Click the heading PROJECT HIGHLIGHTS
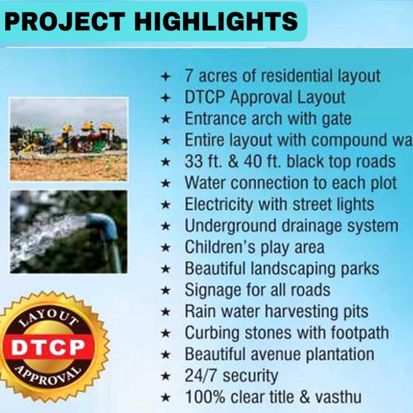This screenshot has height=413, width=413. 152,22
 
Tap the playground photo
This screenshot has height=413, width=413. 69,139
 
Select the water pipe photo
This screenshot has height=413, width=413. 69,231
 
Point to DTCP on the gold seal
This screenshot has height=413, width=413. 48,347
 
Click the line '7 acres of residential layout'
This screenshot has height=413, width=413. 282,76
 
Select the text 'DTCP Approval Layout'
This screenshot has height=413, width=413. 265,97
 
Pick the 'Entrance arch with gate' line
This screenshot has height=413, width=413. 268,118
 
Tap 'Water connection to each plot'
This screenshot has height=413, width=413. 290,183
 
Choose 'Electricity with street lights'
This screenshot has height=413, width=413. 279,204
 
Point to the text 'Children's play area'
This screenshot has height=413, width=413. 254,247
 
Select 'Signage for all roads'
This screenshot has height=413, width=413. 257,290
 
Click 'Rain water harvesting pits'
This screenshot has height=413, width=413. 276,311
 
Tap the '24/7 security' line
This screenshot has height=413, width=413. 231,375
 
